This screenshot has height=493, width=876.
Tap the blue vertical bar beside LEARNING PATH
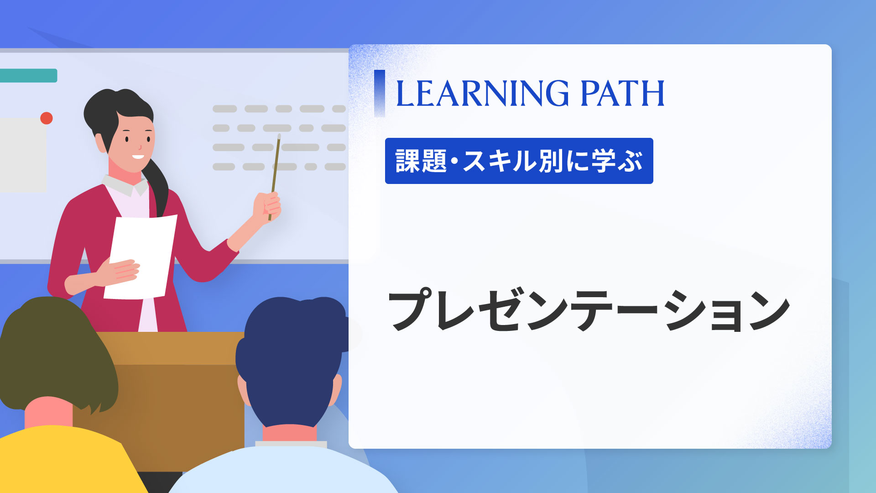click(379, 93)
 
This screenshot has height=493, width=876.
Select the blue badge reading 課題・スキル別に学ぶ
click(519, 161)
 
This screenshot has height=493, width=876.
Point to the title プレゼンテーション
click(588, 310)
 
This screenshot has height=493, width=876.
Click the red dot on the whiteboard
click(47, 118)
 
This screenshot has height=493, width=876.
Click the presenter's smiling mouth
click(138, 157)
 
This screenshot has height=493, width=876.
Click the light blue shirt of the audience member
click(283, 470)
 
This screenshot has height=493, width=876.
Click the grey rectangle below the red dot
click(23, 155)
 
